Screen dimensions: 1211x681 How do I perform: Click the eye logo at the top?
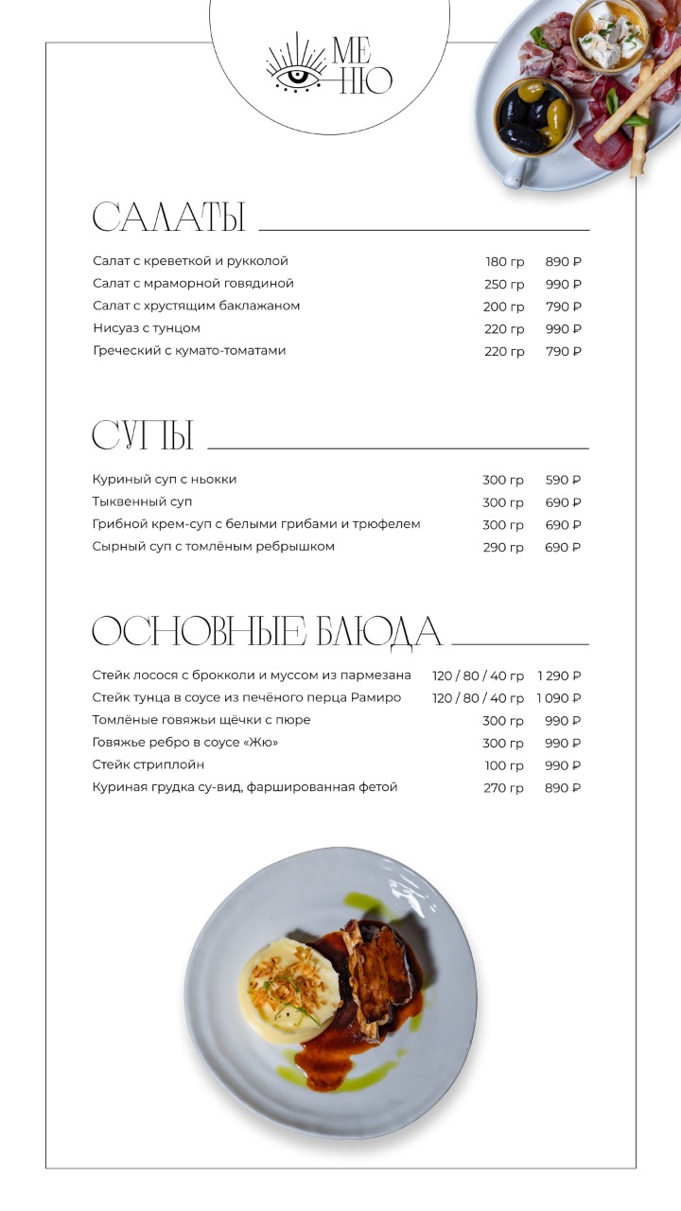296,69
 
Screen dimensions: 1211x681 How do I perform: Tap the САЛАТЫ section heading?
168,218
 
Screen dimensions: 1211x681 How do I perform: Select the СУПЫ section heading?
143,436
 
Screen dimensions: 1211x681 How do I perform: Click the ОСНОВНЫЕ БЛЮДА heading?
267,632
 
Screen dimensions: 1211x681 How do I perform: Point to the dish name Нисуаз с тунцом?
147,328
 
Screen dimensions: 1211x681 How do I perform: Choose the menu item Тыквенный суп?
142,501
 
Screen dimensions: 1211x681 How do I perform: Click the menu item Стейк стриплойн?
148,764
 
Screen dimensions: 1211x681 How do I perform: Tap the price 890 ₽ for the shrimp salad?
563,262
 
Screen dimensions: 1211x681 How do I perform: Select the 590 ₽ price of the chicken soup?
563,481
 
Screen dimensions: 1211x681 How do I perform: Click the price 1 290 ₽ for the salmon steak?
559,676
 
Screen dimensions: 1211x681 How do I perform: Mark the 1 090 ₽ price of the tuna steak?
559,698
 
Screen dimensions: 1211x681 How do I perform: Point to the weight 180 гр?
504,262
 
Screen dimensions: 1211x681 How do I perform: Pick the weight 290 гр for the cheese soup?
502,548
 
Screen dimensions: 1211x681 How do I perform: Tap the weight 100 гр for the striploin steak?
504,765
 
